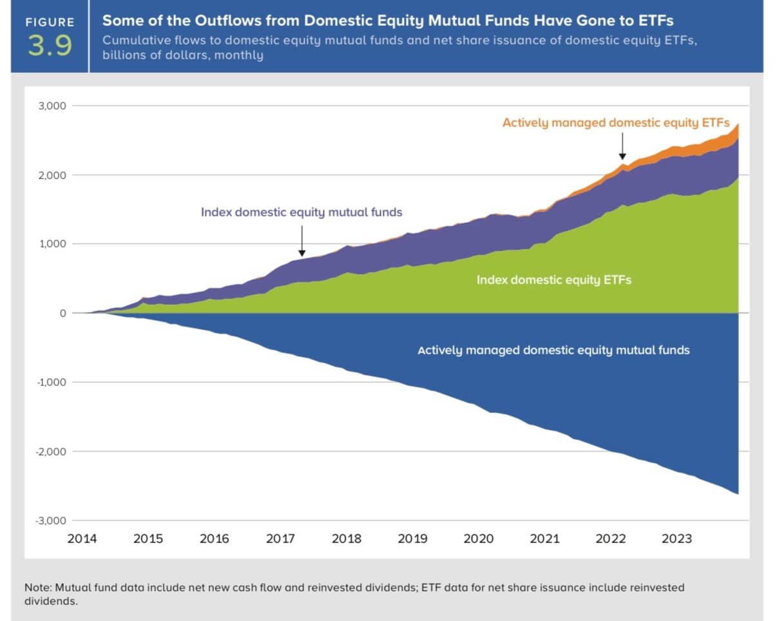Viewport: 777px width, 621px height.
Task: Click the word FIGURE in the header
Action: click(50, 22)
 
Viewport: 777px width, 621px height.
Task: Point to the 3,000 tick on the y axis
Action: click(52, 106)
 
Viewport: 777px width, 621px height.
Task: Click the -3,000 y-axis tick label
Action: click(51, 521)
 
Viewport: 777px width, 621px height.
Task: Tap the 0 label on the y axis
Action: click(63, 313)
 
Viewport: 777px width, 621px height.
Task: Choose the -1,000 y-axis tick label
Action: click(51, 382)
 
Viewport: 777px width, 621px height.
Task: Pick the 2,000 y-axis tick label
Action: click(52, 175)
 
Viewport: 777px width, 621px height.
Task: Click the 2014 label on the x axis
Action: click(82, 539)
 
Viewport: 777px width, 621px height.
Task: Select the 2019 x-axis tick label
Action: click(412, 539)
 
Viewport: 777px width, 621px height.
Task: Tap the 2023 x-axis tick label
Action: click(676, 539)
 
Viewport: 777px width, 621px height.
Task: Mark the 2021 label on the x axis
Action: click(544, 539)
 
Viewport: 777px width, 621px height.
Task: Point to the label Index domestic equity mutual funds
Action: click(302, 212)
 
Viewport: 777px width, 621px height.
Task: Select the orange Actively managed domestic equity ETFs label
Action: click(615, 122)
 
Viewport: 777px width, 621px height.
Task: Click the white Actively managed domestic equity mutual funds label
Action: click(553, 350)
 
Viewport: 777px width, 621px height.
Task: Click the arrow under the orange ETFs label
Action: click(622, 146)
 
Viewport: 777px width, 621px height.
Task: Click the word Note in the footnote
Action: click(37, 588)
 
